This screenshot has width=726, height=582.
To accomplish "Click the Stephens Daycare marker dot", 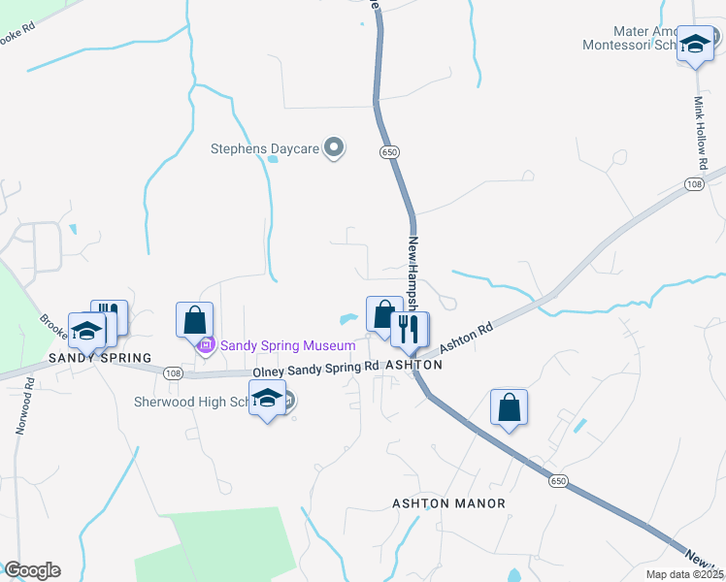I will click(335, 148).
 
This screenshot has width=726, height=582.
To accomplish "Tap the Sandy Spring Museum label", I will click(288, 345).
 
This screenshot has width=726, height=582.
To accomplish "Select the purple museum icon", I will click(205, 345).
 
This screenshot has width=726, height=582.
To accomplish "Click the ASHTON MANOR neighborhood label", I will click(448, 503).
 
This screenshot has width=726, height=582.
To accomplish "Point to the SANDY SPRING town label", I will click(101, 358).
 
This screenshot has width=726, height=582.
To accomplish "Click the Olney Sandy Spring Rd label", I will click(315, 369).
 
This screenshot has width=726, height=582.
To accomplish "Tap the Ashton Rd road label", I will click(467, 339).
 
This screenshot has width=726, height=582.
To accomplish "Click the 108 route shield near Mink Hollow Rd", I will click(693, 184).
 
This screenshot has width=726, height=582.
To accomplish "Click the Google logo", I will click(32, 570).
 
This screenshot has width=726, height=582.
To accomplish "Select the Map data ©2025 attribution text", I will click(684, 574).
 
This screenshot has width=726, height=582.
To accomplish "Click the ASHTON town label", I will click(414, 365).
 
